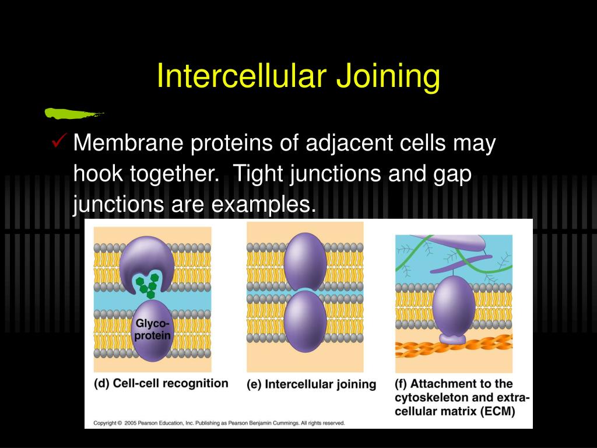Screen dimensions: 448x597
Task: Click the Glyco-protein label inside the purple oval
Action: click(x=153, y=329)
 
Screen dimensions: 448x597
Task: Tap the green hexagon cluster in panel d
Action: click(x=148, y=284)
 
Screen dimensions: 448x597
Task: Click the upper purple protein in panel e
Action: click(x=305, y=260)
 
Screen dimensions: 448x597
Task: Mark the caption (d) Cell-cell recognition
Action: click(x=161, y=384)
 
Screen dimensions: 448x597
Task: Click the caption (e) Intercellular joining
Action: click(x=311, y=384)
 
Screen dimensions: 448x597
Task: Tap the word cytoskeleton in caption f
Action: click(x=431, y=398)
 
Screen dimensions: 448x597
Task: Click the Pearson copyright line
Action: click(x=219, y=423)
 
